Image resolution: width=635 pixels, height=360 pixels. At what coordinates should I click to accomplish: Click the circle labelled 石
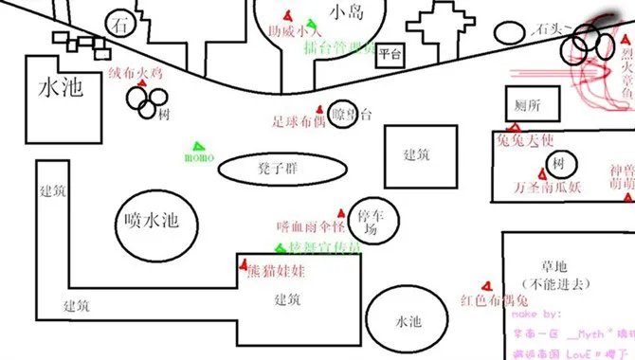click(x=118, y=24)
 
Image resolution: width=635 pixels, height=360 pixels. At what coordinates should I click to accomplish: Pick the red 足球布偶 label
click(x=299, y=121)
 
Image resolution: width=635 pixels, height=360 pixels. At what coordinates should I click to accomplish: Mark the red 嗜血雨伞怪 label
click(x=311, y=227)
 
